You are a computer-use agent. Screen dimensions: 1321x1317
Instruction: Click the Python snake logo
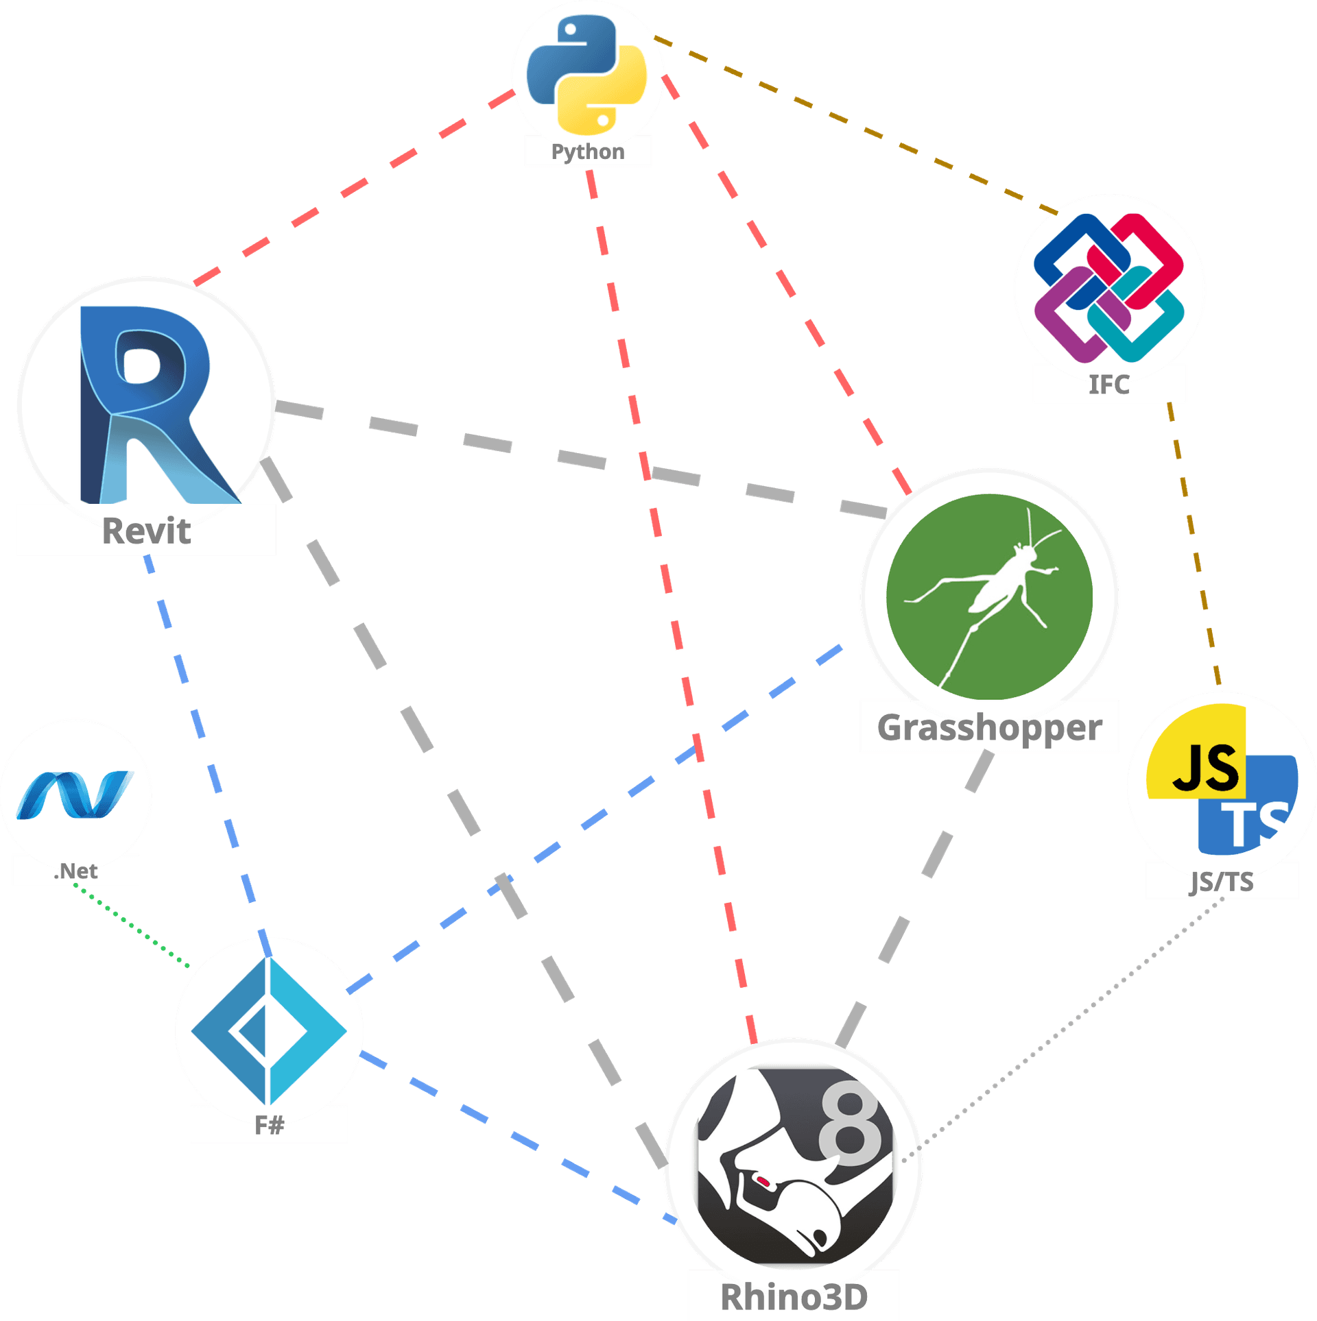pyautogui.click(x=586, y=74)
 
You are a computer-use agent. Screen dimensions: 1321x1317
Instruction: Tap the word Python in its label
pyautogui.click(x=588, y=152)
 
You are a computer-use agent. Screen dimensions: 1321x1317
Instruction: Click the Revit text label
pyautogui.click(x=146, y=531)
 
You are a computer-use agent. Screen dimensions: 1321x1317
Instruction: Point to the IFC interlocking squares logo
pyautogui.click(x=1108, y=288)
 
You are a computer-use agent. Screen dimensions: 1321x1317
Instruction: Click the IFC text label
pyautogui.click(x=1109, y=385)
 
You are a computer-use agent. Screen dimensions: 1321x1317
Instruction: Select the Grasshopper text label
pyautogui.click(x=989, y=727)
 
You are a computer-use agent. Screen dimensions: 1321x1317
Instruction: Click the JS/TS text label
pyautogui.click(x=1222, y=882)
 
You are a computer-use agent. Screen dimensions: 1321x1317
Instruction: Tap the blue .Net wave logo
pyautogui.click(x=74, y=795)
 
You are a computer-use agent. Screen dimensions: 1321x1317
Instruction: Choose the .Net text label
pyautogui.click(x=75, y=871)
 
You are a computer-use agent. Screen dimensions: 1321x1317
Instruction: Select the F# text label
pyautogui.click(x=269, y=1125)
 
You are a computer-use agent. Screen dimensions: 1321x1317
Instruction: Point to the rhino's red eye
pyautogui.click(x=763, y=1181)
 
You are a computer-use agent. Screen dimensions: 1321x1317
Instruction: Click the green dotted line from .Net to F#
pyautogui.click(x=130, y=926)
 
